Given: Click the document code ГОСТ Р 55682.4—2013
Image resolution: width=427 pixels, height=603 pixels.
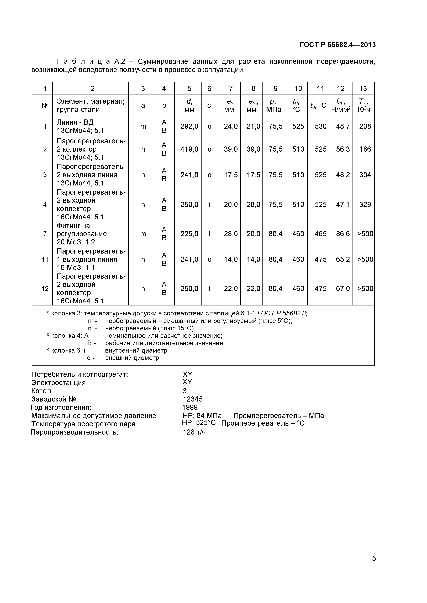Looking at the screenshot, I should pos(337,45).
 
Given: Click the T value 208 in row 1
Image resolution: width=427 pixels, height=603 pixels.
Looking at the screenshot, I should pos(365,126).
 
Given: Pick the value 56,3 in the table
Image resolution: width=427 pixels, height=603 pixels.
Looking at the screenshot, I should pos(343,149).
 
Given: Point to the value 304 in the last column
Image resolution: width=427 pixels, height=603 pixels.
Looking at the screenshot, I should pos(365,175).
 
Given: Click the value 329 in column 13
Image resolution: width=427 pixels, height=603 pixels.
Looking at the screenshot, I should pos(365,204).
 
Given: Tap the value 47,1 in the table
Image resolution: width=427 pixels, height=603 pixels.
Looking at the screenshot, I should pos(343,204).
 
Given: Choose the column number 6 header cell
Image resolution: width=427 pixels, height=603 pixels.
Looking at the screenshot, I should pos(209,89).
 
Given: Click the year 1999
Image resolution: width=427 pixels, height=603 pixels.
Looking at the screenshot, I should pos(190,407).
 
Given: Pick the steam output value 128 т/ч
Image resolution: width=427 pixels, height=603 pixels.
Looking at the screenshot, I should pos(194,432).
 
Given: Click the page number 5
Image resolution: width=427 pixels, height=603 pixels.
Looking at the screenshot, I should pos(374,566).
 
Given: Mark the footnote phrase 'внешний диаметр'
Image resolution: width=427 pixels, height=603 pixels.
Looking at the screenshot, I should pos(133,358).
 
